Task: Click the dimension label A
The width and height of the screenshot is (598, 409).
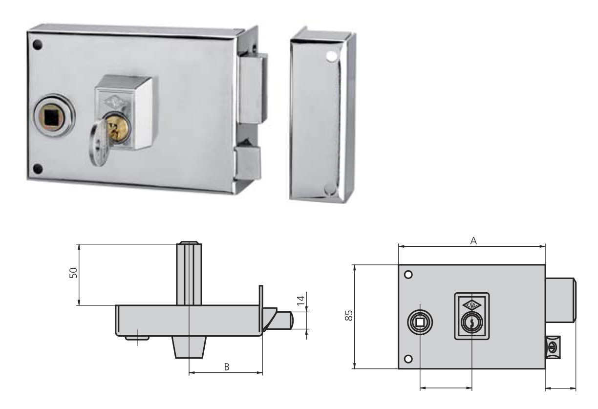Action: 473,241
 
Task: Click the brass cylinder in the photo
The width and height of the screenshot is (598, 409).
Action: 116,128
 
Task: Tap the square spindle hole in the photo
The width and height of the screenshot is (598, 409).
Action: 51,117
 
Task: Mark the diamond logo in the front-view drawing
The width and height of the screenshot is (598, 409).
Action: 471,304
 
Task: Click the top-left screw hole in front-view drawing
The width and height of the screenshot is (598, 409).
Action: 409,275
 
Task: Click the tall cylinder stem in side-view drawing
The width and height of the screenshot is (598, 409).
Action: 189,274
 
